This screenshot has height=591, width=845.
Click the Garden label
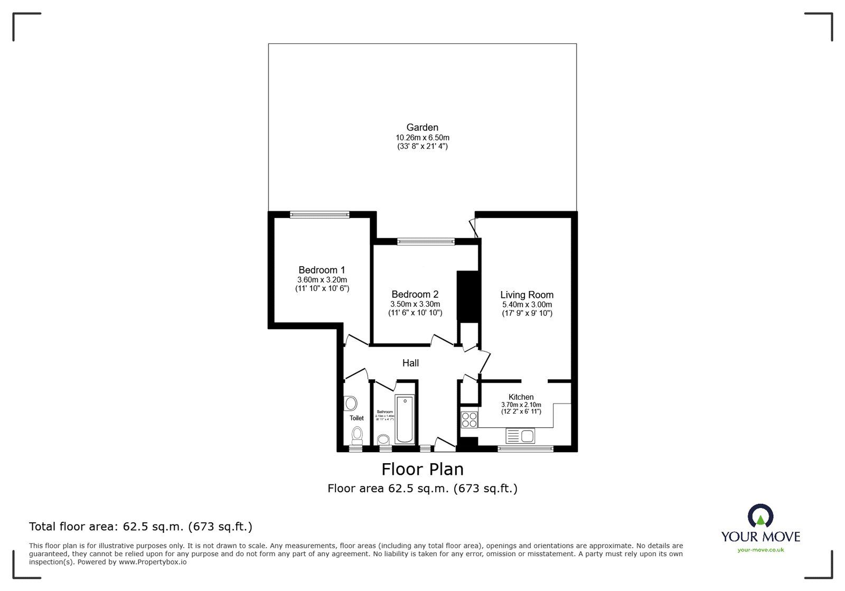click(x=422, y=127)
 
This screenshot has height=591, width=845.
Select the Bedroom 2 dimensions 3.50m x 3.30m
click(x=415, y=304)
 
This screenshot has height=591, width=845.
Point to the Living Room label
click(x=527, y=295)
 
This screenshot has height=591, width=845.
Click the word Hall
click(x=410, y=363)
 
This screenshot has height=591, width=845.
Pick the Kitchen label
click(x=521, y=397)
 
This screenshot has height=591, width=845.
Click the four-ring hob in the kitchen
click(x=469, y=420)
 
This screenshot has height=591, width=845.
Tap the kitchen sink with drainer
click(x=520, y=436)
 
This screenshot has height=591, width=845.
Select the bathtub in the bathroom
click(x=405, y=419)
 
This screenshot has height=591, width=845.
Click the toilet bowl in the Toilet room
click(x=358, y=436)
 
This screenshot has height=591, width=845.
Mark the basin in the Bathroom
click(x=383, y=439)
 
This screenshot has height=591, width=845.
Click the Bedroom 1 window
click(x=320, y=214)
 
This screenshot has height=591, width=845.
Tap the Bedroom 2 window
click(x=426, y=241)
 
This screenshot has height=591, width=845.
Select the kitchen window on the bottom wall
click(x=525, y=449)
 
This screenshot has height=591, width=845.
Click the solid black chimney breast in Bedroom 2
click(x=467, y=296)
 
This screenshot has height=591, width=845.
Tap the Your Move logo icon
click(x=760, y=515)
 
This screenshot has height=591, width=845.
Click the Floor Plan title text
click(x=422, y=469)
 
